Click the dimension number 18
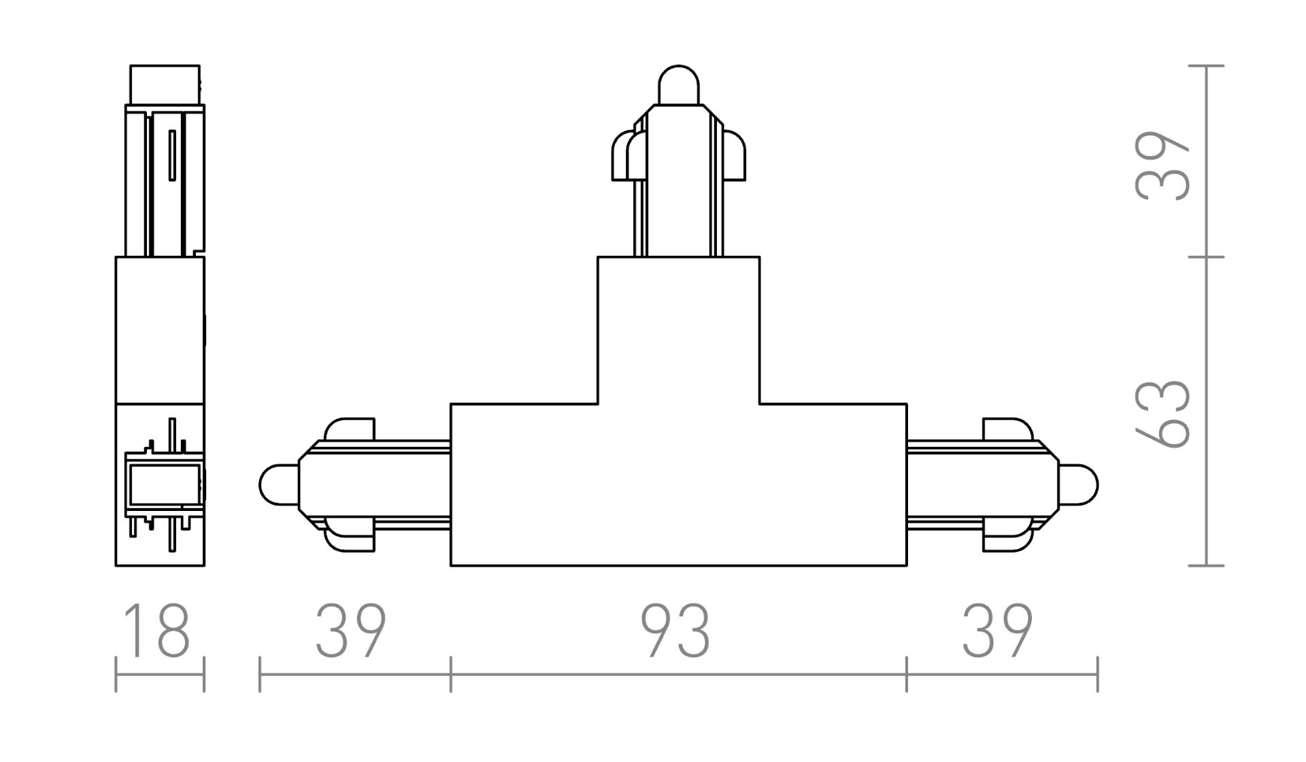[x=158, y=631]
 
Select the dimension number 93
[x=677, y=631]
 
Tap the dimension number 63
[x=1162, y=413]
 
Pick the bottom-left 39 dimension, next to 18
[x=351, y=631]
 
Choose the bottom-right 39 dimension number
[x=998, y=631]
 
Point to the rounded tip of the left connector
[x=279, y=485]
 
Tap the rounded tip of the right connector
[x=1078, y=485]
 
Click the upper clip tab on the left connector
[x=350, y=429]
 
